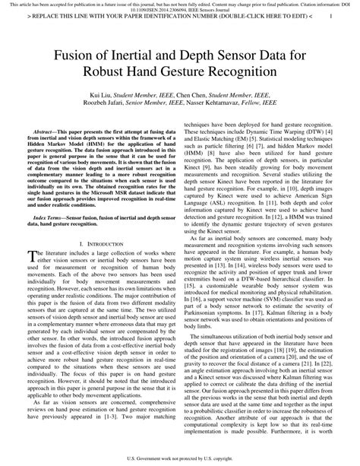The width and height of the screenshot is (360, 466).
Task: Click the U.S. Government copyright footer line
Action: click(x=179, y=459)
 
